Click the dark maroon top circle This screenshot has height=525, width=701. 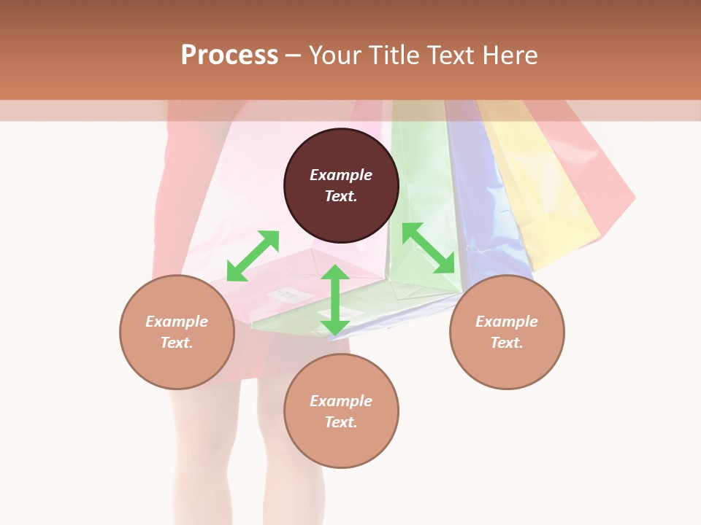[341, 185]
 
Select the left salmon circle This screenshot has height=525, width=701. [177, 332]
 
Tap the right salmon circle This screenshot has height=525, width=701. [507, 332]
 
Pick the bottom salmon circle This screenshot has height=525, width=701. [341, 411]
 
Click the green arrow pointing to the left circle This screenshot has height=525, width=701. [253, 256]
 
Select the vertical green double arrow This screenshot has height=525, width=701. [335, 300]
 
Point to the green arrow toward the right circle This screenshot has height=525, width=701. [429, 248]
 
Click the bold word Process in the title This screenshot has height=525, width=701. [229, 55]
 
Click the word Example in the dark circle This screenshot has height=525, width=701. [341, 175]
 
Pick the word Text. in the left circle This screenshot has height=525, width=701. [177, 343]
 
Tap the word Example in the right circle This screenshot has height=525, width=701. [507, 322]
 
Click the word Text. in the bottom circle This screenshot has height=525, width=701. [341, 422]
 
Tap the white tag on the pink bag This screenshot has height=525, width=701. [285, 294]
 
